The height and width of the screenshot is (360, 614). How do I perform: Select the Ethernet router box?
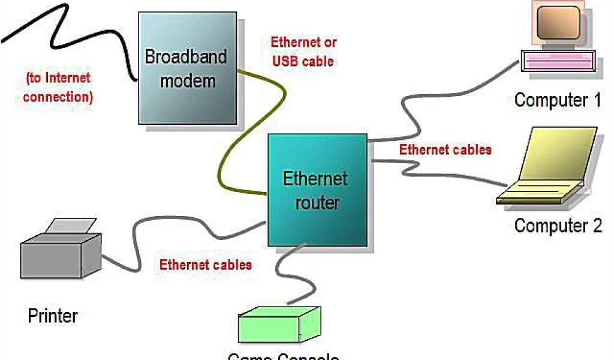[x=317, y=189]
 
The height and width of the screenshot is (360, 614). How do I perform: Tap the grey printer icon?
[x=61, y=253]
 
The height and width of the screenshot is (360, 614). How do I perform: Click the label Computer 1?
[x=557, y=100]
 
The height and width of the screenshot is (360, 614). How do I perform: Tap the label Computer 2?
[x=558, y=226]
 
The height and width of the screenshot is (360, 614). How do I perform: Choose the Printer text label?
[x=53, y=316]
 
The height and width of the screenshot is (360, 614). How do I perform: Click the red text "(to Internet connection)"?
[x=58, y=88]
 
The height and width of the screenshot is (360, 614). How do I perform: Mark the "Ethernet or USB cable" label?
[x=303, y=52]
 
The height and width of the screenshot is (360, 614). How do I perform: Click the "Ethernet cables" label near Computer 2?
[x=446, y=150]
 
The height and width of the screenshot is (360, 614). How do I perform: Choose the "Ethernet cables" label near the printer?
[x=206, y=265]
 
